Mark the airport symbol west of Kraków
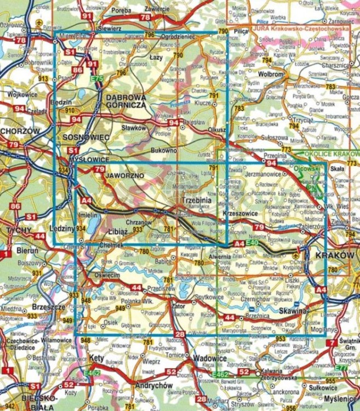tap(297, 254)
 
